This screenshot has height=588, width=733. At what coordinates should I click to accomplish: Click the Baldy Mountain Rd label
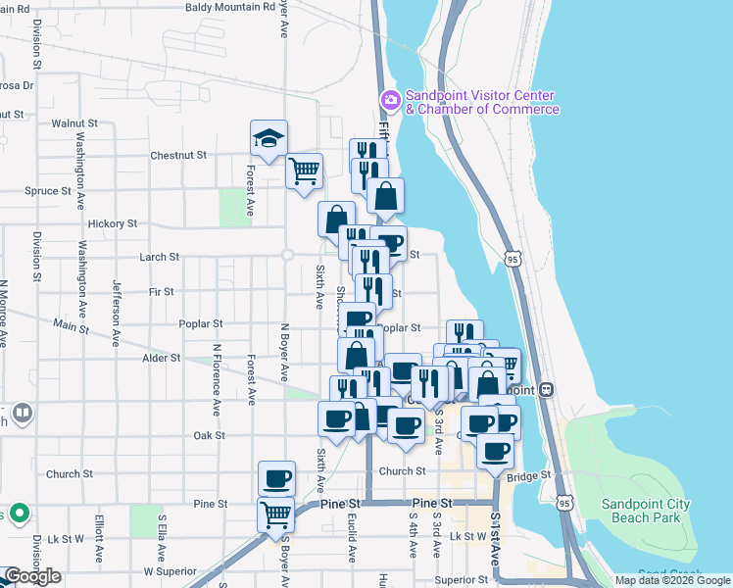[232, 7]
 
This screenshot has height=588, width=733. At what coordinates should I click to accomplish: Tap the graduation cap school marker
[268, 139]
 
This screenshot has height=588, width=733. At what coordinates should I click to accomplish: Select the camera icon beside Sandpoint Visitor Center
[390, 100]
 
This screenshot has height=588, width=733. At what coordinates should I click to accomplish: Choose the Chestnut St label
[178, 155]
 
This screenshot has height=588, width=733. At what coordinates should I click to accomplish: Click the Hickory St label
[111, 223]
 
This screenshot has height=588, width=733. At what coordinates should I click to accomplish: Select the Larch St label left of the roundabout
[160, 257]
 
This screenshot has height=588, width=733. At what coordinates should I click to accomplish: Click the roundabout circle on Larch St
[287, 256]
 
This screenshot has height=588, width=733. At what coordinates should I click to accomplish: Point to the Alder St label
[161, 359]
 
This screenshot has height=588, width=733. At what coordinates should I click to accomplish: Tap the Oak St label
[209, 435]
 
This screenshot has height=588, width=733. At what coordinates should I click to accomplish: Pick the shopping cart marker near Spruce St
[304, 171]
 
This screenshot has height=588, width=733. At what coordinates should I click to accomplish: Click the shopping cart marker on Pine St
[276, 514]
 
